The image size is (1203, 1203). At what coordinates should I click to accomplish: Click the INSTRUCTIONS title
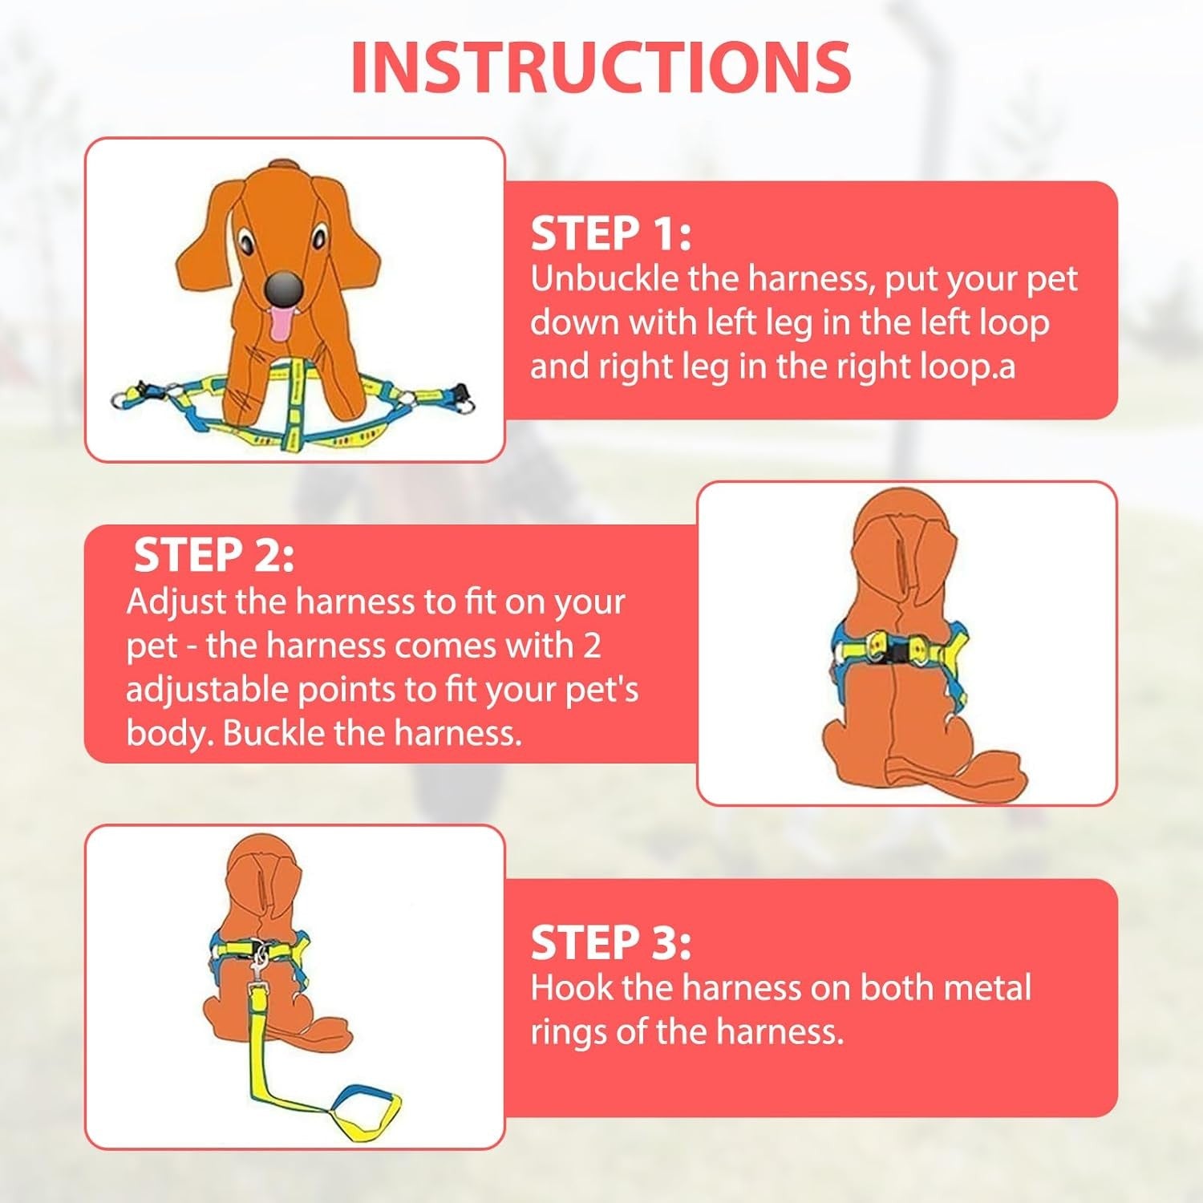point(601,67)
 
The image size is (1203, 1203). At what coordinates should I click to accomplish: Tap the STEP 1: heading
point(610,234)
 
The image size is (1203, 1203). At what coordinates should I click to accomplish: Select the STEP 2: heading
point(213,555)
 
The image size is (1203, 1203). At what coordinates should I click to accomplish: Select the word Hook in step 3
point(572,987)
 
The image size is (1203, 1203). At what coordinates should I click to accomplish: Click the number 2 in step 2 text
point(592,646)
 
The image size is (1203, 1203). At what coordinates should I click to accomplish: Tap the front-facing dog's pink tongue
point(281,323)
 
